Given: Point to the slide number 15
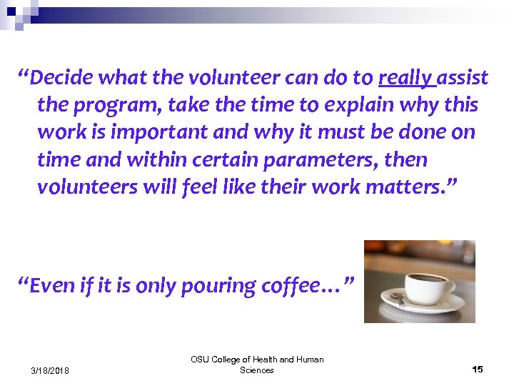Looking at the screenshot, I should (478, 369).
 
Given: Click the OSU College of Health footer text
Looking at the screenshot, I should (257, 365).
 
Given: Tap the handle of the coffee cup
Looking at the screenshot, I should (449, 287).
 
